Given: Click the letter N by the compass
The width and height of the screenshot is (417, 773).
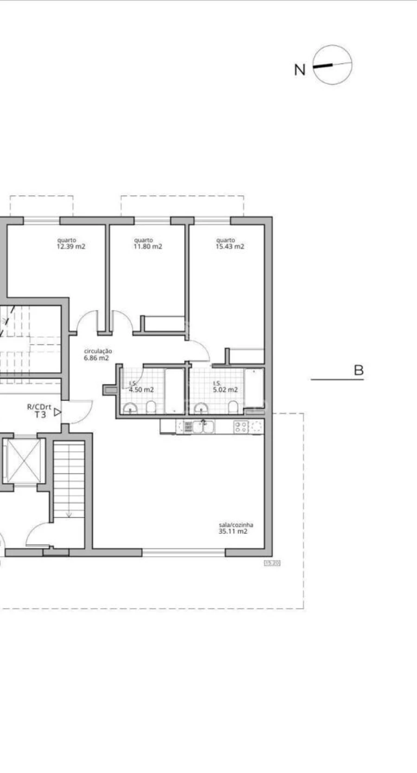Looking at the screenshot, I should (300, 70).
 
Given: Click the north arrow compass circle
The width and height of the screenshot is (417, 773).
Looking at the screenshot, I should (332, 65).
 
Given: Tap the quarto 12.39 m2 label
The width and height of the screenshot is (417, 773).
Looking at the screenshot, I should (71, 243).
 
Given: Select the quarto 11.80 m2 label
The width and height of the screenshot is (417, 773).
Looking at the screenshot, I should (148, 243).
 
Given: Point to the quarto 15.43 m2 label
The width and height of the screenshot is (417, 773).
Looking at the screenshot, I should (229, 243).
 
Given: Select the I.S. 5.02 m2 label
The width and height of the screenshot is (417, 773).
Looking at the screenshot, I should (225, 387).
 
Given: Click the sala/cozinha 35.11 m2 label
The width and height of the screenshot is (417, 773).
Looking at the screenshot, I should (235, 528).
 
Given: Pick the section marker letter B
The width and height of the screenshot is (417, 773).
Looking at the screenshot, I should (358, 370).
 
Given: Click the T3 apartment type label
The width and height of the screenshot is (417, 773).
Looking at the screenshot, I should (40, 415).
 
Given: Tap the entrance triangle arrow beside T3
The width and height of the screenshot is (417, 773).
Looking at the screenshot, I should (57, 411).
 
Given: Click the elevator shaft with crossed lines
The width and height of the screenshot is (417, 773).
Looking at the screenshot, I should (23, 460).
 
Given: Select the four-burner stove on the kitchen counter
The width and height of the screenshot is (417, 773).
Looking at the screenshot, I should (240, 427).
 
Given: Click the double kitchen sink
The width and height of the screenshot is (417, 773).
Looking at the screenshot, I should (203, 426).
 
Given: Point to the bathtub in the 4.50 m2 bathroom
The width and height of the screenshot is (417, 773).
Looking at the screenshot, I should (174, 391).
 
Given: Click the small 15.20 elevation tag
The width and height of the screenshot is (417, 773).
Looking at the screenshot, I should (272, 563).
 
